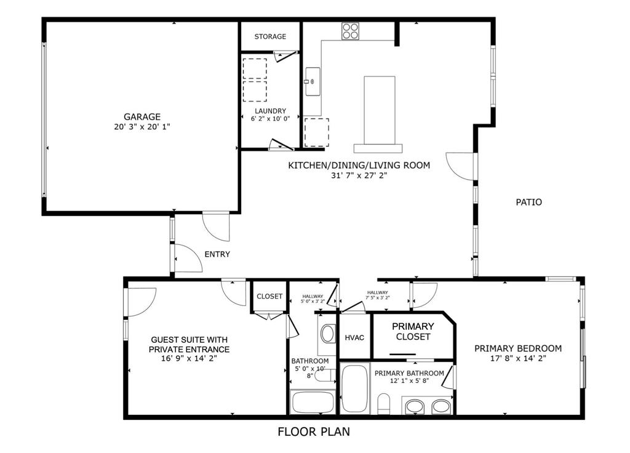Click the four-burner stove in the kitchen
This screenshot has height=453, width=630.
click(351, 31)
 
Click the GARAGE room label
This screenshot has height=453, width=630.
click(142, 116)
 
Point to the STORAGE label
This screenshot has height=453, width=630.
click(270, 36)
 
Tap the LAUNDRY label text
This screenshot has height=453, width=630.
click(270, 111)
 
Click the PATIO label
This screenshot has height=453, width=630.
click(528, 202)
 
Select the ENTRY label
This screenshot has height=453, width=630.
click(217, 254)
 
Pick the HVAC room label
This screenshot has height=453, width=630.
click(355, 338)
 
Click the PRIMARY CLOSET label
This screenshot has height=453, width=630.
click(413, 331)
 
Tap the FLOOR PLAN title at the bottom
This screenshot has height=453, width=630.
click(314, 431)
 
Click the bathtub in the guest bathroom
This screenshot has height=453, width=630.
click(313, 402)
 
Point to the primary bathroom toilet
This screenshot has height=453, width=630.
click(385, 404)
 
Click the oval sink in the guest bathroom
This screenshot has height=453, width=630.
click(328, 334)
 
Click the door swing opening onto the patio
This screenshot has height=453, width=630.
click(460, 165)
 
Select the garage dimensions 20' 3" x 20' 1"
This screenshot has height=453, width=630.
click(142, 127)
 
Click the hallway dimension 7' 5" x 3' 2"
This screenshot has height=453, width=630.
click(378, 297)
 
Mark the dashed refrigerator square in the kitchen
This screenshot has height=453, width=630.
click(317, 131)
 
